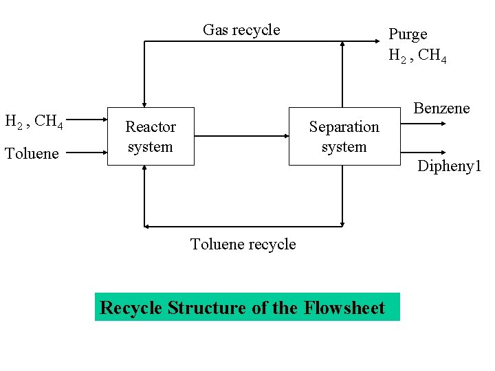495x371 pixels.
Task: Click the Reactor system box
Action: [151, 136]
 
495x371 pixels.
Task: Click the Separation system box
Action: [344, 136]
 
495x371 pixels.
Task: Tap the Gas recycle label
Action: [241, 30]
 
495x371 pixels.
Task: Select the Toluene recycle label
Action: [243, 244]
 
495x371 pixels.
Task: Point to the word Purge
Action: [408, 34]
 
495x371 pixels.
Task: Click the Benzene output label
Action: [441, 108]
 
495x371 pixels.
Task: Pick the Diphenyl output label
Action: [450, 166]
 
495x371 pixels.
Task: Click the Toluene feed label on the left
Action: [32, 153]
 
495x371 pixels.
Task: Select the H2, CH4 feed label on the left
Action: [34, 122]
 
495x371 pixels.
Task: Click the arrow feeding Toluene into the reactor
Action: [87, 153]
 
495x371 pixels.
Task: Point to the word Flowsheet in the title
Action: [343, 307]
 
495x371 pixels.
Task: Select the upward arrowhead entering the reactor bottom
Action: [144, 170]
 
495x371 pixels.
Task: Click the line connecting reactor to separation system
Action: [241, 136]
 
